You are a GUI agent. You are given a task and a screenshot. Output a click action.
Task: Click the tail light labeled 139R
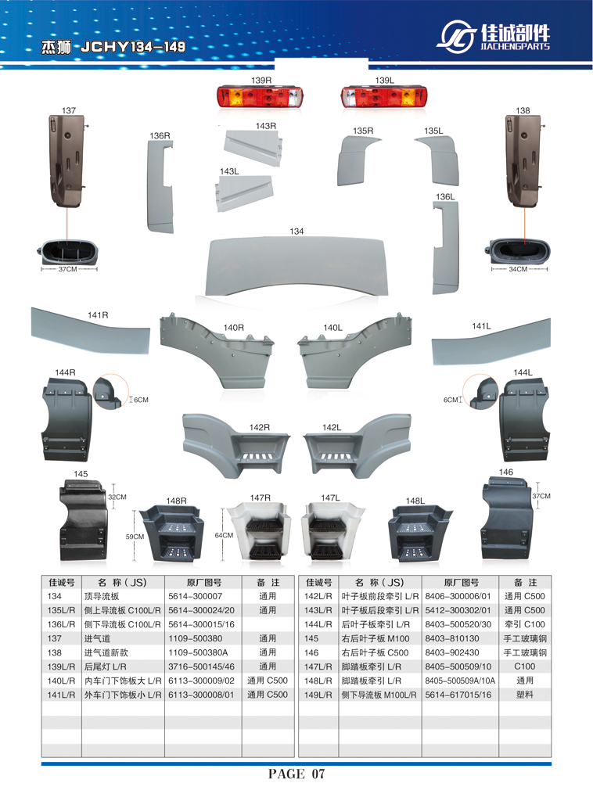(x=260, y=97)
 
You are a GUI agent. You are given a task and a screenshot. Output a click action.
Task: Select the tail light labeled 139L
(x=384, y=97)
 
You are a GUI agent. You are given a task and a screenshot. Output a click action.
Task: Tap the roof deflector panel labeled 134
(x=296, y=266)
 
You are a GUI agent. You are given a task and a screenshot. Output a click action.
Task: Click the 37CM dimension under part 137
(x=67, y=269)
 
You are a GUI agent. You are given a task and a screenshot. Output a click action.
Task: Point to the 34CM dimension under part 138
(x=518, y=269)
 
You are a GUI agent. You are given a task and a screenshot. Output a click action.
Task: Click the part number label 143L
(x=229, y=171)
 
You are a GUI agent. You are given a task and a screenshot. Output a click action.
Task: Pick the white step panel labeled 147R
(x=259, y=531)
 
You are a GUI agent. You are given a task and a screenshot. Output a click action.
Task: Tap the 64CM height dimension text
(x=224, y=535)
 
